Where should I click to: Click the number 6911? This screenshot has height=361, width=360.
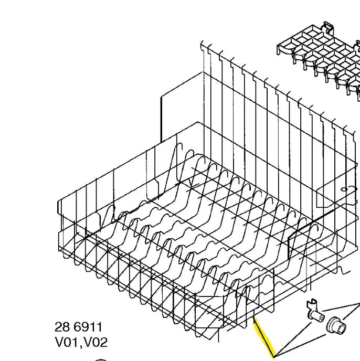point(88,327)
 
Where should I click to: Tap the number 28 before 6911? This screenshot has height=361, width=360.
point(62,327)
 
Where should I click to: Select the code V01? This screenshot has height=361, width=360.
point(68,342)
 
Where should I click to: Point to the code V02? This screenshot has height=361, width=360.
point(96,342)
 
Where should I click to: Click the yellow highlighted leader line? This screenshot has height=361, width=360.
point(264,337)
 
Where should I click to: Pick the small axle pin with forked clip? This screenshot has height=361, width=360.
point(315,310)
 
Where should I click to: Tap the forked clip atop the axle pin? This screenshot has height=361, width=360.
point(311,303)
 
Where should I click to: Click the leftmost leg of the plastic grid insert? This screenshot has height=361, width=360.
point(278,49)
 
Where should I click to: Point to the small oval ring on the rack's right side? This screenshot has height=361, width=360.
point(344,189)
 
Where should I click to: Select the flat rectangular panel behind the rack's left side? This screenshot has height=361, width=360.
point(182,107)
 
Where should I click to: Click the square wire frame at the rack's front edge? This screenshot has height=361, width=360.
point(209,312)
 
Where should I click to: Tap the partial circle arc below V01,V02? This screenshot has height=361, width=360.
point(101,359)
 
